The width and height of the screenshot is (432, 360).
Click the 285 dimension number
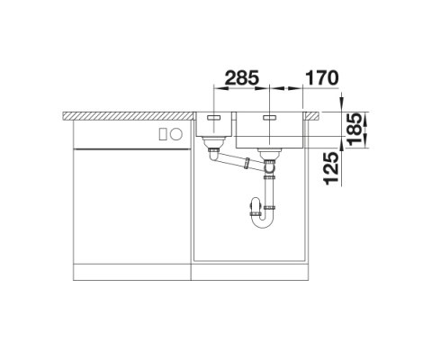tap(241, 78)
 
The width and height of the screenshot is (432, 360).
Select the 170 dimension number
tap(321, 78)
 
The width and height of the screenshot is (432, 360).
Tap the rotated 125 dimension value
tap(331, 168)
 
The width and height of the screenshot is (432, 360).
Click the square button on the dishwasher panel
tap(163, 134)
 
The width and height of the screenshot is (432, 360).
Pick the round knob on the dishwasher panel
tap(176, 134)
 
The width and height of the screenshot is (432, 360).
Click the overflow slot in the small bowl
tap(213, 117)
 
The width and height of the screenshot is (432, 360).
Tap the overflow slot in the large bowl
tap(270, 117)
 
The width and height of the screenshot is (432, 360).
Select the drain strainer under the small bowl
tap(213, 143)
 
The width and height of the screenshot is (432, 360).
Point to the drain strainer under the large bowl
tap(270, 155)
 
